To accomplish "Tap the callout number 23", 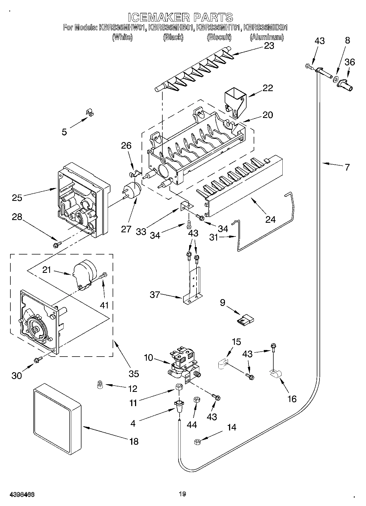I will [x=269, y=45].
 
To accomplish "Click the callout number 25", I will [x=17, y=197].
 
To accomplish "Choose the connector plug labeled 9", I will [x=246, y=319].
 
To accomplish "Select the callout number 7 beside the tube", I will [x=347, y=167].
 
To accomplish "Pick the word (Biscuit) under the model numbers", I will [x=219, y=37].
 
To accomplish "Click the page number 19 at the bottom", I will [x=183, y=494].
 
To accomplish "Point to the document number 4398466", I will [x=22, y=494].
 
